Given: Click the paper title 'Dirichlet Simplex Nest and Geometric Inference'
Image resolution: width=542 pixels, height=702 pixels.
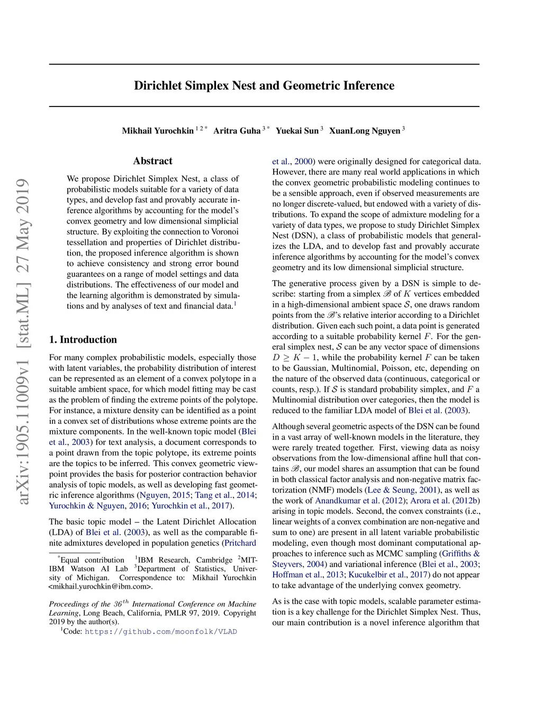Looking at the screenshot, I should (x=264, y=86).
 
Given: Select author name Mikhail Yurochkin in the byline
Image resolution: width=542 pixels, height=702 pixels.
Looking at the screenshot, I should (x=158, y=131).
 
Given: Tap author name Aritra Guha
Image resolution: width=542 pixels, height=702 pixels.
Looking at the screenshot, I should (x=237, y=131).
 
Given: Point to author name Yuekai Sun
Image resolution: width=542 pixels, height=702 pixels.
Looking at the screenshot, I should (x=297, y=131).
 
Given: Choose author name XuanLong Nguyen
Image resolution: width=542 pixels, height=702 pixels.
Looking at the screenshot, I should (x=364, y=131).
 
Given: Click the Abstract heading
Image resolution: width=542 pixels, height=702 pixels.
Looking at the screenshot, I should (x=152, y=161).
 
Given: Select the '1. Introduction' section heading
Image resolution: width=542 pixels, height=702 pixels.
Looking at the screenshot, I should (x=83, y=340).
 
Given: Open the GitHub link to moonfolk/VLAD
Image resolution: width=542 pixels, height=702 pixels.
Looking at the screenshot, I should (x=160, y=632).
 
